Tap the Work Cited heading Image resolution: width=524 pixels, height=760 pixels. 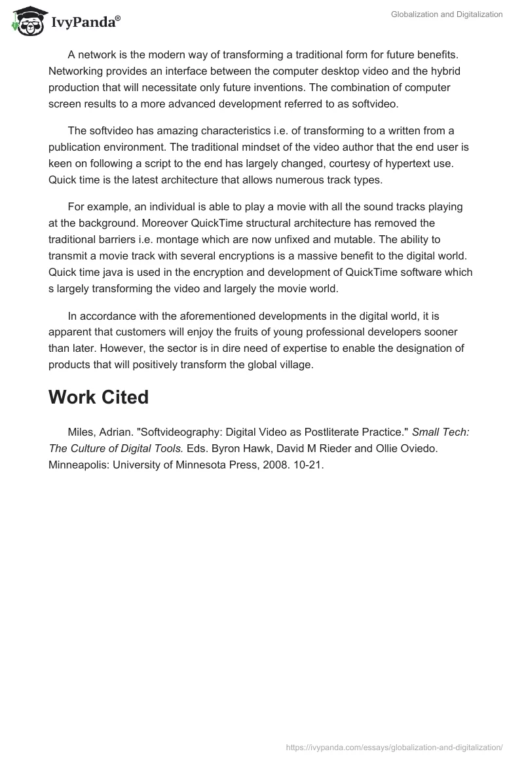click(x=98, y=397)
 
